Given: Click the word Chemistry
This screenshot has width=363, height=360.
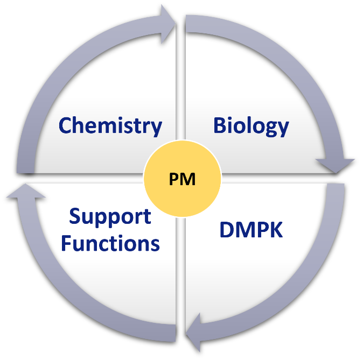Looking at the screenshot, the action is click(110, 126).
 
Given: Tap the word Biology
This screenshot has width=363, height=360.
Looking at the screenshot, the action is click(251, 126).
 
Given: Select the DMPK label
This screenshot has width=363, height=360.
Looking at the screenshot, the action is click(251, 230).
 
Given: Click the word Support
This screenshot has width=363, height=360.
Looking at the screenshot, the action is click(110, 216).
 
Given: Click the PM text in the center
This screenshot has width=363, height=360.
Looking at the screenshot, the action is click(182, 179).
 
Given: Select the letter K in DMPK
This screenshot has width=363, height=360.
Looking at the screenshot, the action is click(276, 230).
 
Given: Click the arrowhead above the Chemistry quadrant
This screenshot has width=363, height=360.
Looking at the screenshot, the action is click(168, 24).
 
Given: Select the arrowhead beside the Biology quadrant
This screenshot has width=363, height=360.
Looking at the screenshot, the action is click(335, 166).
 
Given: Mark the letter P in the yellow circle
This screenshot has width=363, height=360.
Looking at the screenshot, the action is click(174, 179).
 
